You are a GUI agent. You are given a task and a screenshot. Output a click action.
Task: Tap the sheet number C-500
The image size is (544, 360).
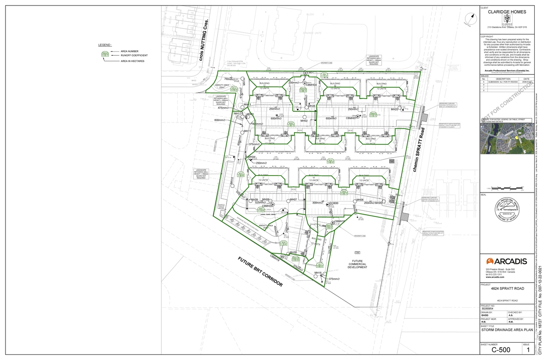click(x=501, y=350)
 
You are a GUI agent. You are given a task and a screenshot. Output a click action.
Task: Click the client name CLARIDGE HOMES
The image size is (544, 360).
click(x=507, y=12)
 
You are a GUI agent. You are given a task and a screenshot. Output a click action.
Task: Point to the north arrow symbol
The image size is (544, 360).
click(x=470, y=19)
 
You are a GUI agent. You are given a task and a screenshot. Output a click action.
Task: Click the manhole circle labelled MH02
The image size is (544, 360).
click(x=305, y=116)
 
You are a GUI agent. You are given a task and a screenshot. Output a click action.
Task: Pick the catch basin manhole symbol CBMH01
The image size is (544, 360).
click(x=358, y=116)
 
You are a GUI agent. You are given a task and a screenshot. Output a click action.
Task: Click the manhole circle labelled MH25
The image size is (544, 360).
click(x=400, y=108)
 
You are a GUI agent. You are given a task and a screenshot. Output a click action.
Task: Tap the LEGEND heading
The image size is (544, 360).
click(x=105, y=45)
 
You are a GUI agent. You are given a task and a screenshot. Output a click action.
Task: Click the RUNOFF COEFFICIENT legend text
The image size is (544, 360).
click(x=134, y=55)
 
